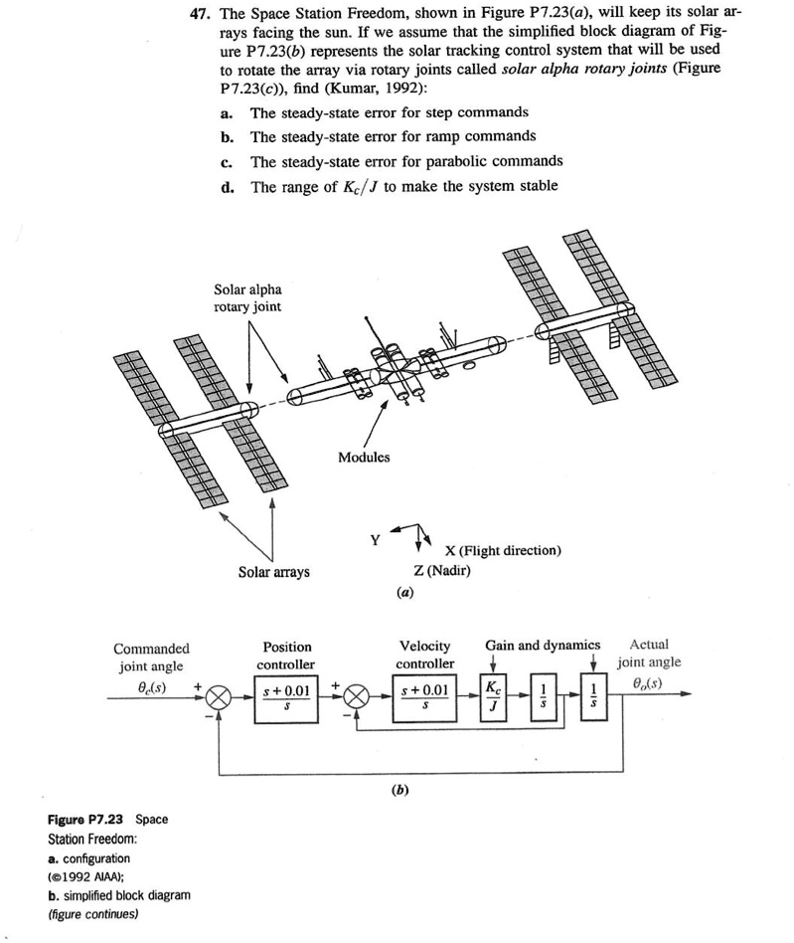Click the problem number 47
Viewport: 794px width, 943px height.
pyautogui.click(x=201, y=15)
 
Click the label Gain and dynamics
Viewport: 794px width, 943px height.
pyautogui.click(x=543, y=646)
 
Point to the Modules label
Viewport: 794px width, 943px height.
pyautogui.click(x=364, y=458)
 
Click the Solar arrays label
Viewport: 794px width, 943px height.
pyautogui.click(x=273, y=572)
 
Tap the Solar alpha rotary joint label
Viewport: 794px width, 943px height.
pyautogui.click(x=247, y=297)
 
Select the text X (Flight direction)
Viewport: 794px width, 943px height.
pyautogui.click(x=503, y=550)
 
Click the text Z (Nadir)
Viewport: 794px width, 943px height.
pyautogui.click(x=441, y=570)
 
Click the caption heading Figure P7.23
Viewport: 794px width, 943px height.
pyautogui.click(x=87, y=820)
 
